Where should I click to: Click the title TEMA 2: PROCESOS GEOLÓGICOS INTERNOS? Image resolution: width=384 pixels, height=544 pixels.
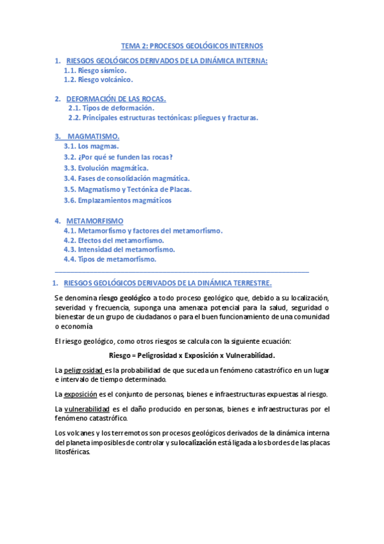(x=192, y=46)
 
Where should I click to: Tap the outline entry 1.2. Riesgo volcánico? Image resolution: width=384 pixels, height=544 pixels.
(x=99, y=80)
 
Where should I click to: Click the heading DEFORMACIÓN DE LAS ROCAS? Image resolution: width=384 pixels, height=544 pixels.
(x=116, y=99)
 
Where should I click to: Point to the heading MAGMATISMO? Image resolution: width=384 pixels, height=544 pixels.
(x=93, y=137)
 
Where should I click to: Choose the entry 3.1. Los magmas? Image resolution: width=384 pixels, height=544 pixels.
(x=91, y=146)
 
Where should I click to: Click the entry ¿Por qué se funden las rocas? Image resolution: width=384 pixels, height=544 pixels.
(x=125, y=157)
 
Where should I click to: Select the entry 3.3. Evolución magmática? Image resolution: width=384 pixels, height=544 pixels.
(x=106, y=167)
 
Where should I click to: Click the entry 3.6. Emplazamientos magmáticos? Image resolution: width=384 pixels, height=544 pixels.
(x=117, y=200)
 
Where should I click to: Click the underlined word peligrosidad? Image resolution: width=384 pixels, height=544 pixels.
(x=83, y=370)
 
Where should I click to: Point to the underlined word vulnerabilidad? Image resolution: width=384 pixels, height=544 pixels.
(x=86, y=409)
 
